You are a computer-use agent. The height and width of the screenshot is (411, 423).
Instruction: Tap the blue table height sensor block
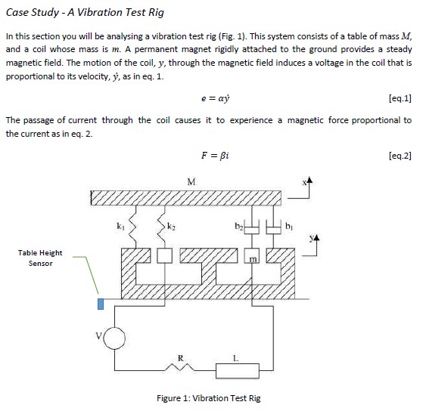(100, 304)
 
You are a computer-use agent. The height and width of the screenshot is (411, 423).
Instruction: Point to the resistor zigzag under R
(180, 369)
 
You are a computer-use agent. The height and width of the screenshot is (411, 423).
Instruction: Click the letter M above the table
(191, 181)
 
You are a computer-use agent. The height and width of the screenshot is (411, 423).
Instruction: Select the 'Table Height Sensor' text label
(40, 258)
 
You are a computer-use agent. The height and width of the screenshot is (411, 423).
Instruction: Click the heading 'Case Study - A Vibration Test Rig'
(84, 13)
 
